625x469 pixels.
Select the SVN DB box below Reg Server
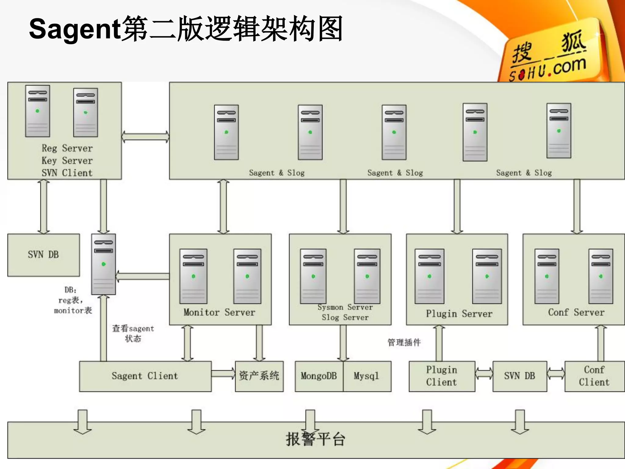coord(43,255)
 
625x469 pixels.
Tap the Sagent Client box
coord(145,376)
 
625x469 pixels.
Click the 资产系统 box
coord(259,376)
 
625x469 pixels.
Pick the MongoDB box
coord(319,376)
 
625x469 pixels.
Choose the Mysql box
coord(367,376)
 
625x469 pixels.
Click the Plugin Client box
coord(442,376)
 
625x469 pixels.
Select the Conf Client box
coord(594,376)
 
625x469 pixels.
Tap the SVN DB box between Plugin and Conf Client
coord(519,376)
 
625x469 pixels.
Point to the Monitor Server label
coord(219,312)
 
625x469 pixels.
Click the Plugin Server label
coord(459,314)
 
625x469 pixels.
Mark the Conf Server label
coord(576,312)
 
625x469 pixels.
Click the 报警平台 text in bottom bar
coord(316,440)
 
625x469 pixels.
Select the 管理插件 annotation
coord(404,342)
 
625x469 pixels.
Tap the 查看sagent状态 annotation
coord(133,333)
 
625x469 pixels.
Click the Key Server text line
coord(67,161)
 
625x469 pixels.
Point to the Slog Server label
coord(345,318)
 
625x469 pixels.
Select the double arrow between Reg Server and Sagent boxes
coord(145,137)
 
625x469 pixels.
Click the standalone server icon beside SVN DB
coord(103,264)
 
